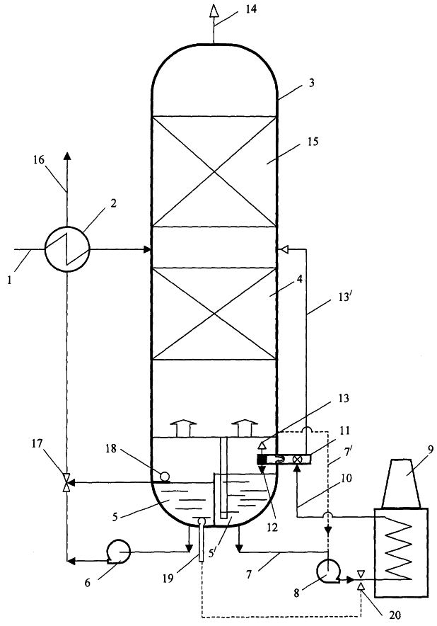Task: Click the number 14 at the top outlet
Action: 251,8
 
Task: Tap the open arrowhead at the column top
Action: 214,11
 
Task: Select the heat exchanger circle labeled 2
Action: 67,249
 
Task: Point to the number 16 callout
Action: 39,160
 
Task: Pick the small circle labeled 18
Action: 164,476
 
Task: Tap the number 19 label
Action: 168,578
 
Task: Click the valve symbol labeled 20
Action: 361,581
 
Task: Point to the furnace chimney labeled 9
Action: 401,483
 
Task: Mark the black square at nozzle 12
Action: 262,459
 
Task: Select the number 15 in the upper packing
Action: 313,142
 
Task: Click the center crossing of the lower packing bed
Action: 214,314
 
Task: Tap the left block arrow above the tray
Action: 180,428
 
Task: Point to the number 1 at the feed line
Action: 9,280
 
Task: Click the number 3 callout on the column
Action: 311,83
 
